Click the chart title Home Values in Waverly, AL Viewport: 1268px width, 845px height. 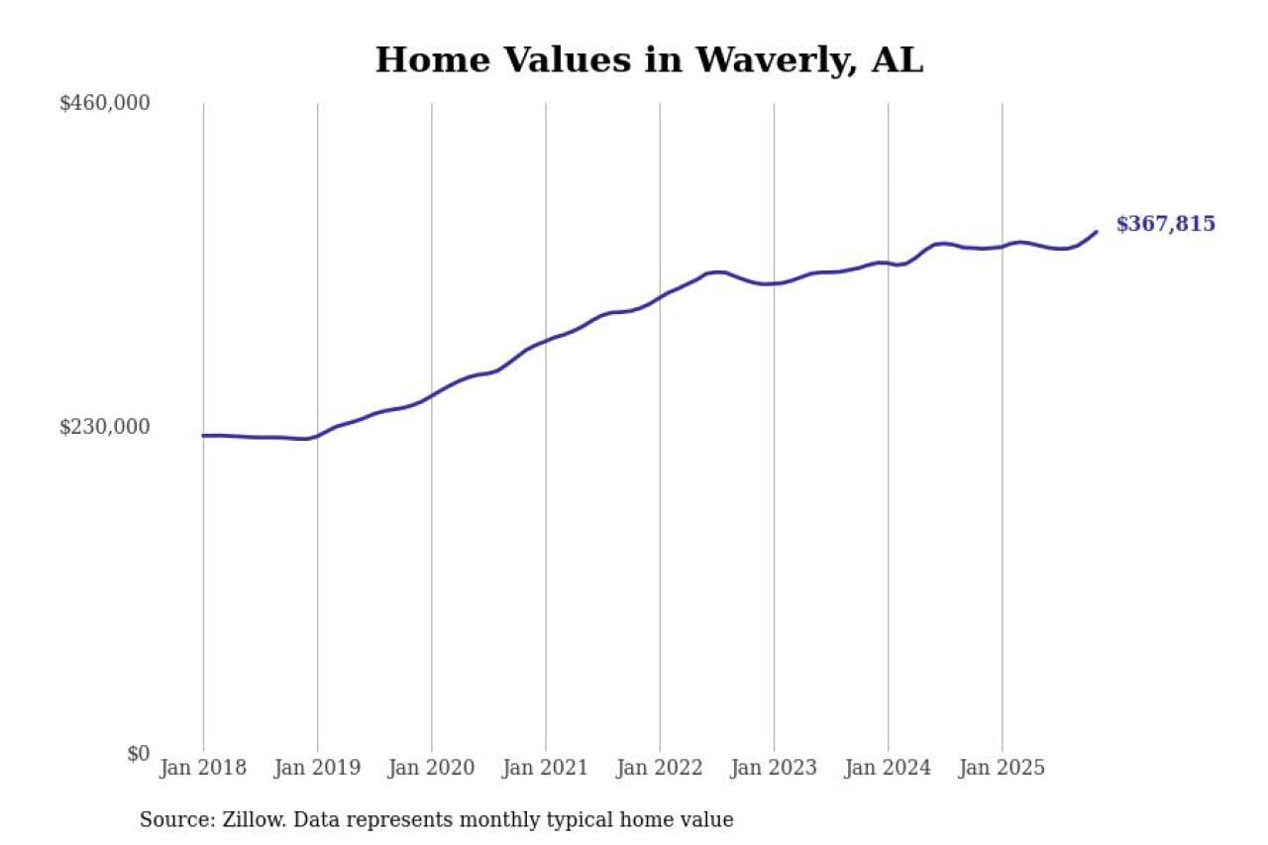tap(649, 59)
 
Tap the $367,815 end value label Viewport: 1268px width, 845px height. tap(1165, 224)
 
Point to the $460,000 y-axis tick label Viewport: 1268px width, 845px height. tap(105, 103)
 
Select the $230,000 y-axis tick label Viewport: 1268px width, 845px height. tap(105, 427)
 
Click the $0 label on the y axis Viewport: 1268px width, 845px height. tap(138, 753)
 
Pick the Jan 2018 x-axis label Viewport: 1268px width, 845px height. tap(203, 768)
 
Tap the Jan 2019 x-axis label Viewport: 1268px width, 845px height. tap(317, 768)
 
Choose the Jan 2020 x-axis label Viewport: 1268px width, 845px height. tap(431, 768)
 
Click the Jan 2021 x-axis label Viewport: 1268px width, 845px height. tap(545, 768)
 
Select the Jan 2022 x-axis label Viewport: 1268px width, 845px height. tap(659, 768)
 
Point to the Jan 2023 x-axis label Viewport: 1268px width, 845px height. tap(774, 768)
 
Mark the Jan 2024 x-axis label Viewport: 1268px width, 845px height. tap(888, 768)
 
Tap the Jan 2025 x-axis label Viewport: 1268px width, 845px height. tap(1002, 768)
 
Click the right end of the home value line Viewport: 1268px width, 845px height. tap(1097, 232)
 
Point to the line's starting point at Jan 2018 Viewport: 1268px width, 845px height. tap(204, 435)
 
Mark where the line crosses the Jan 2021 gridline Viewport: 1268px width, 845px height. tap(545, 341)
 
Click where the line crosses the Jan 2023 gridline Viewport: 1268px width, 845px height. tap(774, 283)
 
